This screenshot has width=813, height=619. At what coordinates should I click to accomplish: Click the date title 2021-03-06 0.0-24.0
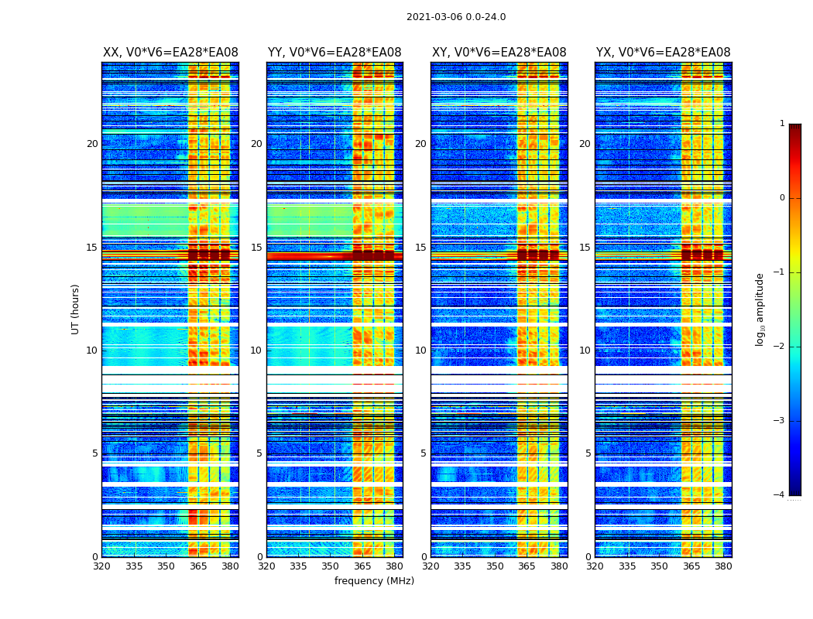(x=456, y=17)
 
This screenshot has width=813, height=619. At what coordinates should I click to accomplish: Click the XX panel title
(x=170, y=53)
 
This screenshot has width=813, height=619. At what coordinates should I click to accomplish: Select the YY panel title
(x=334, y=53)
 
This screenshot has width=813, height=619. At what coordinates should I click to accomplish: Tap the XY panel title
(x=499, y=53)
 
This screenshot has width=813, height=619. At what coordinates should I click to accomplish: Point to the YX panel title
(x=663, y=53)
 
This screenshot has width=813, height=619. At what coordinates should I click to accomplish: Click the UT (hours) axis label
(x=75, y=309)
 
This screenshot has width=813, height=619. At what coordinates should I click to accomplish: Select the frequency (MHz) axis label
(x=374, y=581)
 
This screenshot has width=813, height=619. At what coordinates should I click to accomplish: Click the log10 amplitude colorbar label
(x=760, y=309)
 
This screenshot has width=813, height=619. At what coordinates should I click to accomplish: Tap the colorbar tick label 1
(x=781, y=124)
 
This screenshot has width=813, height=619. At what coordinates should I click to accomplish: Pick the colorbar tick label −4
(x=780, y=495)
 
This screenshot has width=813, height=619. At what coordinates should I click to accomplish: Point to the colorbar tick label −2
(x=780, y=347)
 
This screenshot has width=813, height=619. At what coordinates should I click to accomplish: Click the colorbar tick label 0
(x=781, y=198)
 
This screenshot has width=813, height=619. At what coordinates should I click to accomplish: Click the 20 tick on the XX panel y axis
(x=92, y=144)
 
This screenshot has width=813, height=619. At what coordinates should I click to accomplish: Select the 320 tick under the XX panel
(x=102, y=566)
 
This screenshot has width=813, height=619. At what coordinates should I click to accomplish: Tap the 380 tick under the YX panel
(x=723, y=566)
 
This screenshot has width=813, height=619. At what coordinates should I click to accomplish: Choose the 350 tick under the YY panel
(x=331, y=566)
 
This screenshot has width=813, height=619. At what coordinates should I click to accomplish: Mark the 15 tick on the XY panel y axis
(x=420, y=248)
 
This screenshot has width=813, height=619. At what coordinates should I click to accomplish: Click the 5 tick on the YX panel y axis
(x=588, y=453)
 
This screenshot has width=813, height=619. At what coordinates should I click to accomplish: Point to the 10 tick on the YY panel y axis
(x=256, y=351)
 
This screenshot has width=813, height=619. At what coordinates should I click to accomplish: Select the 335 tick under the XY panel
(x=463, y=566)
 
